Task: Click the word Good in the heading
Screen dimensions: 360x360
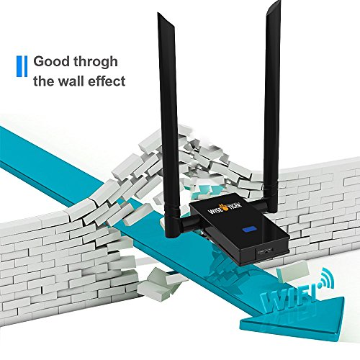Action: coord(52,61)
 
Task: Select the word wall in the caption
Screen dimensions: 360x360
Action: coord(72,81)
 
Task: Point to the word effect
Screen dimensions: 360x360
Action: coord(107,81)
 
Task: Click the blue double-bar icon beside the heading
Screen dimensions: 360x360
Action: coord(22,66)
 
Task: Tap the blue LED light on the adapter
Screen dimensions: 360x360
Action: coord(249,230)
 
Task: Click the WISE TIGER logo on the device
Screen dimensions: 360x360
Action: coord(224,208)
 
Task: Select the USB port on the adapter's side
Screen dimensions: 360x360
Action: coord(265,252)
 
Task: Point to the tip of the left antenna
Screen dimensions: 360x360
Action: coord(158,13)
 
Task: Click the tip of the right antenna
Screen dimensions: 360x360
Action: coord(279,2)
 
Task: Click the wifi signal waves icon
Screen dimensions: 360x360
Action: coord(325,278)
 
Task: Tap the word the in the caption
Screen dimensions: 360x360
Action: coord(44,81)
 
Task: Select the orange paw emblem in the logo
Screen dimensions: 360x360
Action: coord(225,207)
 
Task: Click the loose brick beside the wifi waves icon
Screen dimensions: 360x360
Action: coord(292,271)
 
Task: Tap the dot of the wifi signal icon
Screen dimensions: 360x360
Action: coord(319,286)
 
